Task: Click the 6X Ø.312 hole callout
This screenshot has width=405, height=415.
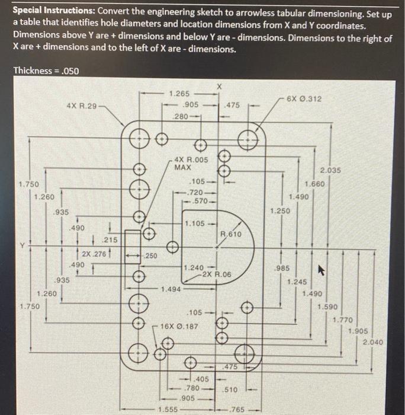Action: coord(304,99)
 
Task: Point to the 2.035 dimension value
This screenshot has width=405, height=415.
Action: coord(330,170)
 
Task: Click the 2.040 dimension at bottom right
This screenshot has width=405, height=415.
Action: coord(372,342)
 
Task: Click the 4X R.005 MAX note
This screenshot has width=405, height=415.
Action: coord(191,163)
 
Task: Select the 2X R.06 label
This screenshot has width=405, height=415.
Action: coord(216,274)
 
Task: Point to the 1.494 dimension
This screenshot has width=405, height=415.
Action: coord(171,289)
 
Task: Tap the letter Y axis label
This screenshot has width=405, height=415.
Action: coord(22,244)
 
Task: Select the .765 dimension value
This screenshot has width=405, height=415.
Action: coord(237,410)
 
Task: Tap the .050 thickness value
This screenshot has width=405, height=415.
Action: coord(67,71)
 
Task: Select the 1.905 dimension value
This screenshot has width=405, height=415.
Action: coord(359,331)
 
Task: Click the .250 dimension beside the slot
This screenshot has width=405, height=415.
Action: coord(151,256)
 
